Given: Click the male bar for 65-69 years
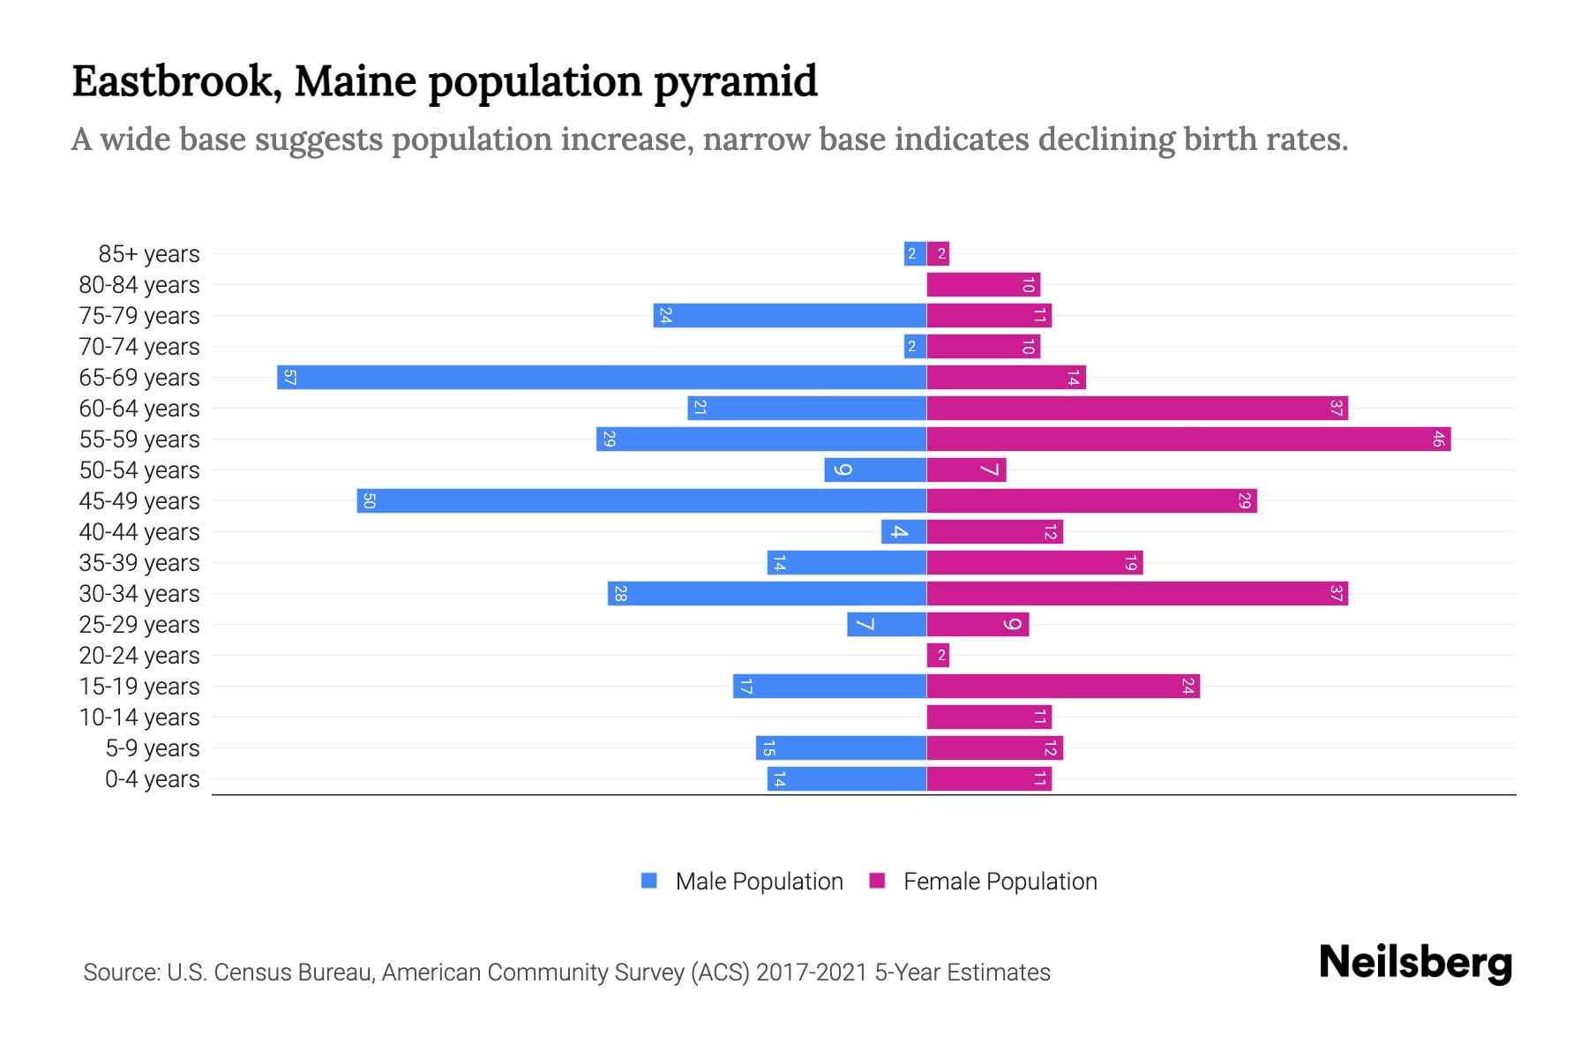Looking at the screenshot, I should point(602,378).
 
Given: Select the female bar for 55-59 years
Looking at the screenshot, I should point(1188,439).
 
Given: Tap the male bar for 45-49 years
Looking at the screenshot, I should point(641,501).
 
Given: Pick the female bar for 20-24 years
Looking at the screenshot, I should point(938,656).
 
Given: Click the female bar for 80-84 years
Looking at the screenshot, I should point(983,285).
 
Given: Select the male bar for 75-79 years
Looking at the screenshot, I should point(790,316).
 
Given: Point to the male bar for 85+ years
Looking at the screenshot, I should point(915,254).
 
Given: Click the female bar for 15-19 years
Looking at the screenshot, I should point(1063,687).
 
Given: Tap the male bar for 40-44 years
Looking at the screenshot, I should point(903,532).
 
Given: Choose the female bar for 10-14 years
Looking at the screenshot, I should point(989,717).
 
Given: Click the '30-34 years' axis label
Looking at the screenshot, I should point(139,594).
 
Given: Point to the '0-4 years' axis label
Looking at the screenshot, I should point(152,779).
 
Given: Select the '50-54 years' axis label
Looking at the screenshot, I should point(139,470).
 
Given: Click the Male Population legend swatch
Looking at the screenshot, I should point(649,881).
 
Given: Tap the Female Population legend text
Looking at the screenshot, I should point(1000,882).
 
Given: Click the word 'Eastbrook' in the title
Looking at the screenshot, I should point(173,82).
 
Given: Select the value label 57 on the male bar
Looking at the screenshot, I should point(289,378).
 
